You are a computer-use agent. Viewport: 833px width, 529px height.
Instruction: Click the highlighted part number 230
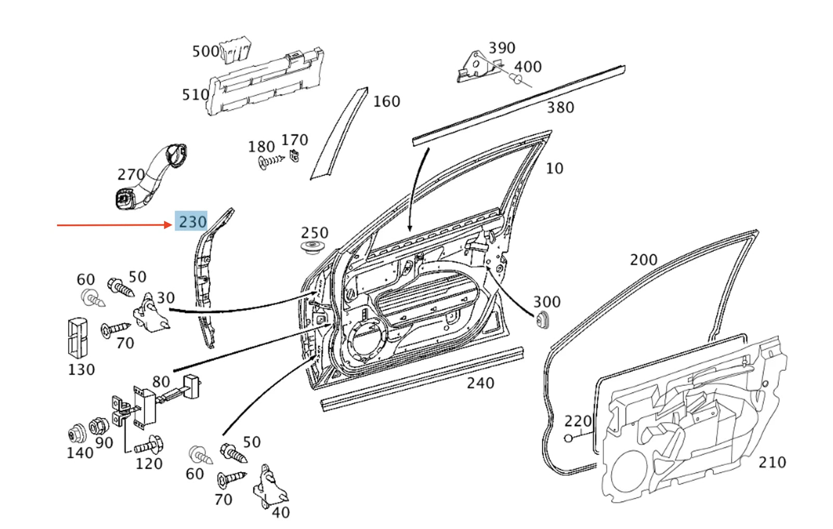(192, 222)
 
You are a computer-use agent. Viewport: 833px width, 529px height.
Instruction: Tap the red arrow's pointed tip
(171, 225)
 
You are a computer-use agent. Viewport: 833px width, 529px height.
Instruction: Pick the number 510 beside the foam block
(195, 95)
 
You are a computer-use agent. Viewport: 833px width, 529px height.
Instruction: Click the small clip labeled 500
(235, 50)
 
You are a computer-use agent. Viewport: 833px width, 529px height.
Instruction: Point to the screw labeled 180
(269, 161)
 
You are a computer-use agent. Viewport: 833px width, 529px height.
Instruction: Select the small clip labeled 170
(294, 155)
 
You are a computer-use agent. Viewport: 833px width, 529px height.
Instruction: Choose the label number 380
(560, 107)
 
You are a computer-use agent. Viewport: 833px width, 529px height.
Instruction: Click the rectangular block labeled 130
(78, 337)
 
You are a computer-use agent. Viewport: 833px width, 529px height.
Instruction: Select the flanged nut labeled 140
(77, 434)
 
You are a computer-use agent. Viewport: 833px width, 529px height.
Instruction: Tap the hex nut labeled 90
(98, 427)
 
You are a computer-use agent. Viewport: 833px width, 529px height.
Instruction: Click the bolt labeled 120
(150, 446)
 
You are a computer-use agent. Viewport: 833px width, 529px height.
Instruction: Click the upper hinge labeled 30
(151, 315)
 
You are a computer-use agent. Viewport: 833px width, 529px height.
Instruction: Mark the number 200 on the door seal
(643, 259)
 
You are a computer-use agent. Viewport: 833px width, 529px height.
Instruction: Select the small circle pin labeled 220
(569, 438)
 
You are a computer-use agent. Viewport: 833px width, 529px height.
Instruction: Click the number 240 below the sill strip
(480, 383)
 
